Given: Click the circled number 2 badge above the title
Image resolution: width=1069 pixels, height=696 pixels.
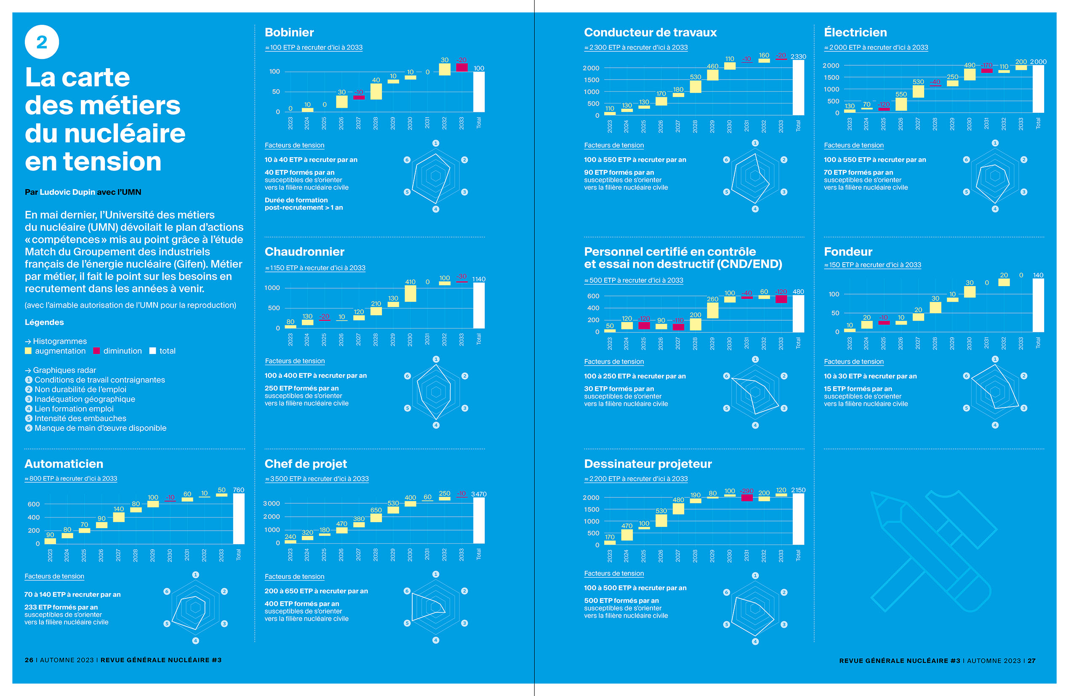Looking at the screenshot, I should click(x=42, y=42).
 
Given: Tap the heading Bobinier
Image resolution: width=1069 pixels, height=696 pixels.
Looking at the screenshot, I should click(x=289, y=32).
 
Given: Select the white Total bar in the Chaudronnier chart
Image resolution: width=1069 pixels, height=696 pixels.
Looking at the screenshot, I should click(x=479, y=305).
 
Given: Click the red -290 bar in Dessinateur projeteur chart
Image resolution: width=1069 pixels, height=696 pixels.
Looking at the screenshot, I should click(x=747, y=497).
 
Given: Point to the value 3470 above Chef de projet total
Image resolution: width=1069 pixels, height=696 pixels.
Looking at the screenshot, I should click(x=479, y=494).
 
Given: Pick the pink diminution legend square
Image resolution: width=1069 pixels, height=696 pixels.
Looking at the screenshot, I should click(x=96, y=351).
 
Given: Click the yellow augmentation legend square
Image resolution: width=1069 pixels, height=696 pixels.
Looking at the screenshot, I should click(x=28, y=351).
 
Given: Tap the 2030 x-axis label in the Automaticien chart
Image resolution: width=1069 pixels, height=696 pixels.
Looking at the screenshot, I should click(x=170, y=555).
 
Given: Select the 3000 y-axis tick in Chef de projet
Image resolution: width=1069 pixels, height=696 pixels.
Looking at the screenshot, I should click(x=271, y=503).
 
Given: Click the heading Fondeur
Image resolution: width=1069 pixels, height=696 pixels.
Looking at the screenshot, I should click(x=848, y=252).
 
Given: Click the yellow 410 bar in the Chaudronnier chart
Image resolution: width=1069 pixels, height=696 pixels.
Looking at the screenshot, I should click(x=410, y=294).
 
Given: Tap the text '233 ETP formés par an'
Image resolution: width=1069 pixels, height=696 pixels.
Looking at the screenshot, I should click(x=61, y=607).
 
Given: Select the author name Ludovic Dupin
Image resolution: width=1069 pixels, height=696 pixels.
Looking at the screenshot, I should click(x=67, y=192).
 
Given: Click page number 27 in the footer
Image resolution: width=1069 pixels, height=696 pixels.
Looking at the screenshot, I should click(x=1031, y=661).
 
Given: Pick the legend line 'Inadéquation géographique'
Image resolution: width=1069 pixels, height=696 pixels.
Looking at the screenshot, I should click(x=85, y=399).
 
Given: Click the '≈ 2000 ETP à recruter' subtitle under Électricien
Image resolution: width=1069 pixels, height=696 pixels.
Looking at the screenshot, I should click(x=876, y=48).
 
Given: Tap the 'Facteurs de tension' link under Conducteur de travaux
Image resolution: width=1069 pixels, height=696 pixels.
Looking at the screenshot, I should click(x=613, y=146).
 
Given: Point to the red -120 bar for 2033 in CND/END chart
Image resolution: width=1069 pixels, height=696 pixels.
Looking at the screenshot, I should click(x=781, y=299).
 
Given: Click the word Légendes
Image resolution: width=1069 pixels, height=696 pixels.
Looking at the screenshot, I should click(x=44, y=322).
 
